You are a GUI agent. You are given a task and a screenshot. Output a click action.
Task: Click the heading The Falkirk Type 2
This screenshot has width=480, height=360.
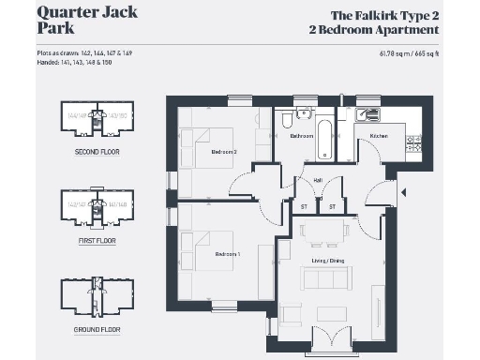click(x=387, y=16)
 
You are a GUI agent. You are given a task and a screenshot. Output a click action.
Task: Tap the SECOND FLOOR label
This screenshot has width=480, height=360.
click(x=97, y=151)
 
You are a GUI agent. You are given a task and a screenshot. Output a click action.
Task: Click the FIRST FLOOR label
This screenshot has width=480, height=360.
click(x=97, y=240)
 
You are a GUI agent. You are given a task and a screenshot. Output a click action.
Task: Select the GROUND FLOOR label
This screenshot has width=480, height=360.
click(x=97, y=330)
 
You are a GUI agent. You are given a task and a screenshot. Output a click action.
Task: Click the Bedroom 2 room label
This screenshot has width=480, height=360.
click(x=223, y=152)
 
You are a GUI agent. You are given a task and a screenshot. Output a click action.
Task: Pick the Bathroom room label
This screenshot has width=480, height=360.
click(x=301, y=137)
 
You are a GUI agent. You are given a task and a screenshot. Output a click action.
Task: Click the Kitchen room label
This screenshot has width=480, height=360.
click(x=379, y=137)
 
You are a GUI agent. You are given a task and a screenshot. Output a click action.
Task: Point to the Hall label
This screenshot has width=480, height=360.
click(x=318, y=179)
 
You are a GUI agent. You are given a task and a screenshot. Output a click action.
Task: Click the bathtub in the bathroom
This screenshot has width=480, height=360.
click(x=323, y=136)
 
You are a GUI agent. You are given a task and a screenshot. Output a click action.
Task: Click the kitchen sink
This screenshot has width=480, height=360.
click(x=371, y=113)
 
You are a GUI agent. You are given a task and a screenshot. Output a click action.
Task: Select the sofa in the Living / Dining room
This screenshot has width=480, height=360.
click(x=323, y=279)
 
